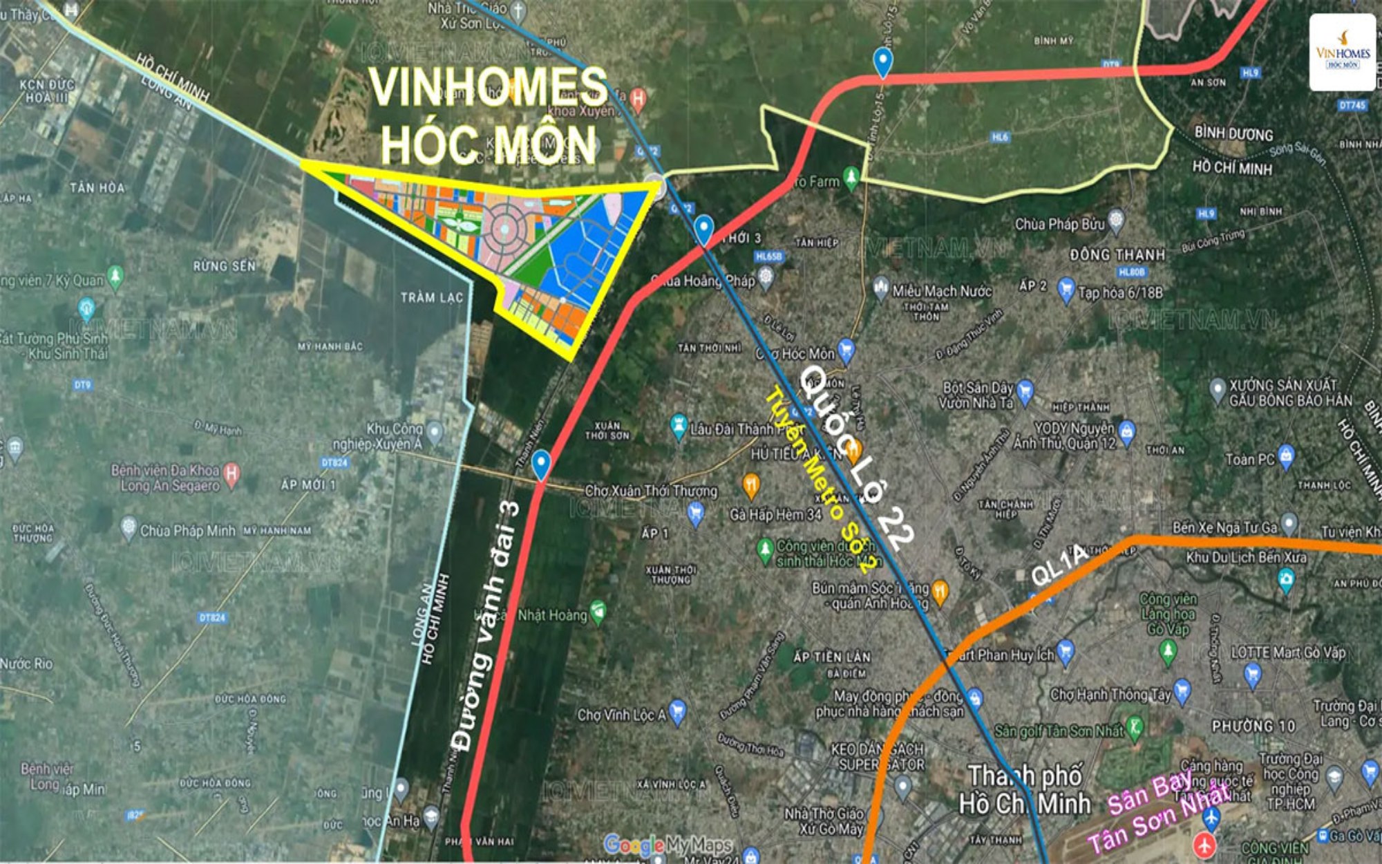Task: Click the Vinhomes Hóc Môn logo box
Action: click(1342, 53)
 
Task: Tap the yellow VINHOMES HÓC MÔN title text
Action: click(488, 115)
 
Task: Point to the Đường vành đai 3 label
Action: click(486, 626)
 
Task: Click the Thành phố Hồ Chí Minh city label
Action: click(1025, 789)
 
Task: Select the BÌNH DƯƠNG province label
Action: click(1233, 133)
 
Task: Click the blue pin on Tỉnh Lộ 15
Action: click(882, 62)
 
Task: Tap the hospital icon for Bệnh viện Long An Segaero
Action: click(231, 473)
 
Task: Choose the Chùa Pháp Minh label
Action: click(187, 531)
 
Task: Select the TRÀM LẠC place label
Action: click(432, 297)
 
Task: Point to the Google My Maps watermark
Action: click(667, 845)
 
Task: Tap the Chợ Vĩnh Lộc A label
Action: click(621, 715)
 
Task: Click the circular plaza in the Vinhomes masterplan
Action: click(505, 229)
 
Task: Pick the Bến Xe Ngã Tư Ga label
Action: click(1224, 527)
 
